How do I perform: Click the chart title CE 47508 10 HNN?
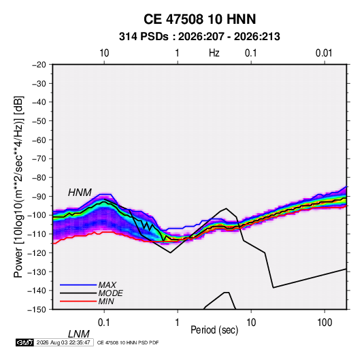pyautogui.click(x=199, y=19)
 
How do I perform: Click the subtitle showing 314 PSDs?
pyautogui.click(x=199, y=37)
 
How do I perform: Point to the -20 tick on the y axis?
pyautogui.click(x=39, y=65)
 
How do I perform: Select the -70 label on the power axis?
pyautogui.click(x=39, y=159)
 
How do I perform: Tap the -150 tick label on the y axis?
pyautogui.click(x=37, y=310)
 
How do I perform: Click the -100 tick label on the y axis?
pyautogui.click(x=37, y=215)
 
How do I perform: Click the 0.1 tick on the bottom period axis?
pyautogui.click(x=104, y=323)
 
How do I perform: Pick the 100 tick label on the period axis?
pyautogui.click(x=325, y=323)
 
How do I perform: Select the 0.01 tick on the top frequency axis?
pyautogui.click(x=324, y=53)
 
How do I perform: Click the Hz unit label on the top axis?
pyautogui.click(x=214, y=53)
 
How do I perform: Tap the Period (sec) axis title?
pyautogui.click(x=214, y=330)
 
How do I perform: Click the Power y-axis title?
pyautogui.click(x=18, y=186)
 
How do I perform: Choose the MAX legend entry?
pyautogui.click(x=107, y=285)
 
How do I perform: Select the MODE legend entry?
pyautogui.click(x=110, y=293)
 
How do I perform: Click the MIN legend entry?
pyautogui.click(x=106, y=301)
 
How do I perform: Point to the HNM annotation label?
pyautogui.click(x=80, y=193)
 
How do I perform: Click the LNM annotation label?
pyautogui.click(x=78, y=334)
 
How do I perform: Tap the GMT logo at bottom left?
pyautogui.click(x=24, y=342)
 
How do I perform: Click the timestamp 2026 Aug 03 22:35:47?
pyautogui.click(x=63, y=342)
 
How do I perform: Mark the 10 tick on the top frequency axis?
pyautogui.click(x=104, y=53)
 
